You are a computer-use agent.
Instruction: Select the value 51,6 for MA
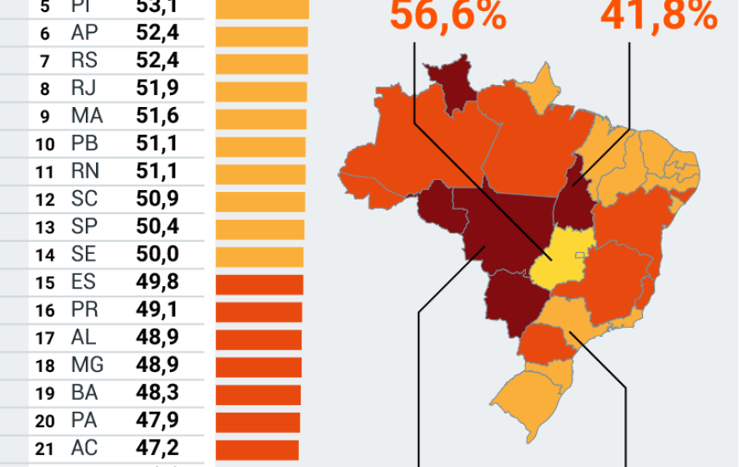tap(157, 116)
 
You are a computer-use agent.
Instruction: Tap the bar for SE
tap(259, 256)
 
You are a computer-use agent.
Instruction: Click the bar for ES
tap(259, 284)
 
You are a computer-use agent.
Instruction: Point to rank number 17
tap(44, 339)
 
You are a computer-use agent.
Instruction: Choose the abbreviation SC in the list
tap(85, 199)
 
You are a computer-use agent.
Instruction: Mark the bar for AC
tap(257, 449)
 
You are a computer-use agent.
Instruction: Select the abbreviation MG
tap(87, 366)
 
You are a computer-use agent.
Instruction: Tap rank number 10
tap(44, 144)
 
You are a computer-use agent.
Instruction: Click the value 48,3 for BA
tap(157, 393)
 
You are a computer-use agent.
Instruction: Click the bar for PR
tap(258, 312)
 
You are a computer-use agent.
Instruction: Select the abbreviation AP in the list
tap(84, 34)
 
